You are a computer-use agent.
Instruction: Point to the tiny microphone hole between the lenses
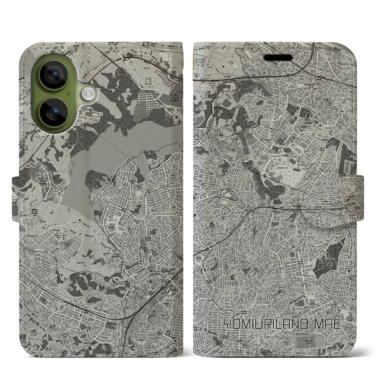point(68,94)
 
